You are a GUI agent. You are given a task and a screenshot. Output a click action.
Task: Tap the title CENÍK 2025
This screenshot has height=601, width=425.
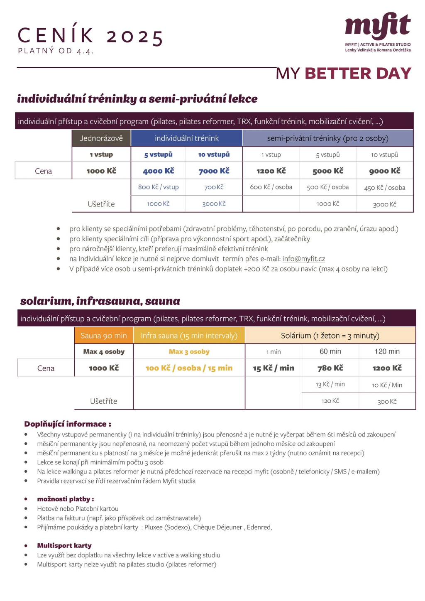tap(90, 36)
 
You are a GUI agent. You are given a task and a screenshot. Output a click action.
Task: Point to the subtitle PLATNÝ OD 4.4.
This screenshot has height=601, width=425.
tap(56, 51)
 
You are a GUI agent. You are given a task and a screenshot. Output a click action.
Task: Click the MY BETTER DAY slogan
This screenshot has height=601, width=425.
tap(344, 74)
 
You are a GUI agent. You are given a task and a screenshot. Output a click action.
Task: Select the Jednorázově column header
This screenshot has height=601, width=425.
tap(101, 138)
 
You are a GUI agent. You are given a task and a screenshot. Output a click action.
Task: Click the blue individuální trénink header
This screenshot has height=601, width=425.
tap(187, 138)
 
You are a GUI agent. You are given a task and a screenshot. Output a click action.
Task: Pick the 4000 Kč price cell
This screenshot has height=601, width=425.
tap(158, 171)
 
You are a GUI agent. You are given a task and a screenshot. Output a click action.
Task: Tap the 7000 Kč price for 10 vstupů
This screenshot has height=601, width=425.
tap(214, 171)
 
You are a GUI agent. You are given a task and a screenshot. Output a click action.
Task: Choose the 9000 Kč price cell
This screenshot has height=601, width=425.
tap(385, 171)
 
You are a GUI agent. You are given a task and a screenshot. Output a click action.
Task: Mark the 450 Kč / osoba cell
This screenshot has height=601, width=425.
tap(385, 188)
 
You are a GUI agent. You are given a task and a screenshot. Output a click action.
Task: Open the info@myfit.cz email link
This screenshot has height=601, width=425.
tap(303, 259)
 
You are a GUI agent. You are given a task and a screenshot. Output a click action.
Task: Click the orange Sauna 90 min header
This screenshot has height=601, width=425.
tap(104, 336)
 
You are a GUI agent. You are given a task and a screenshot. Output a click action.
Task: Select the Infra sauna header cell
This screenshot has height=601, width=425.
tap(189, 336)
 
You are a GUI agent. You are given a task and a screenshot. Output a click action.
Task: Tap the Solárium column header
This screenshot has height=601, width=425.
tap(330, 336)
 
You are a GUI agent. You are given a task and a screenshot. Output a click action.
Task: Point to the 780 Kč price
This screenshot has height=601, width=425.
tap(330, 368)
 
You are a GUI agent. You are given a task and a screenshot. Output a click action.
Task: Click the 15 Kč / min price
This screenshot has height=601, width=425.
tap(274, 368)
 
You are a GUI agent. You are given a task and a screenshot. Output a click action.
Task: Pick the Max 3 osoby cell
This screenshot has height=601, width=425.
tap(189, 352)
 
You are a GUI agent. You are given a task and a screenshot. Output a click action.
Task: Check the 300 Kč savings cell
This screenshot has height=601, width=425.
tap(387, 402)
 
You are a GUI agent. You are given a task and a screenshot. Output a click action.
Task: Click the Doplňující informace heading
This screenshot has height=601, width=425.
tap(68, 424)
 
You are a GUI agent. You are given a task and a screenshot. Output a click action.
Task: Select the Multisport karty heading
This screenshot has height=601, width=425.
tap(64, 545)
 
